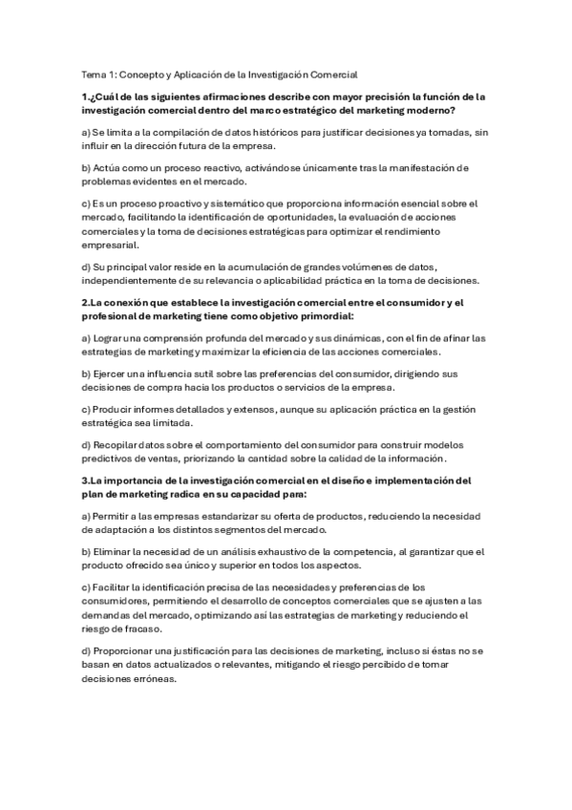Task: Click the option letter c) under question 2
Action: click(86, 409)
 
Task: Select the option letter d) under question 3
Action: click(86, 650)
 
